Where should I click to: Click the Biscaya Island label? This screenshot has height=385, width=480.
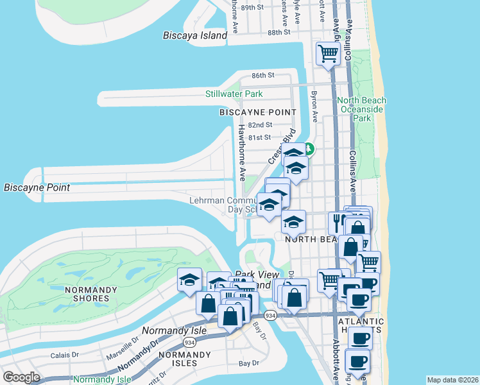[x=195, y=35]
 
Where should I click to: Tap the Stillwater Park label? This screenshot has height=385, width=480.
[x=234, y=94]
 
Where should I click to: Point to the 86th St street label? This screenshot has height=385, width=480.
[x=262, y=75]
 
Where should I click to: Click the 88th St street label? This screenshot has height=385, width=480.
[x=279, y=32]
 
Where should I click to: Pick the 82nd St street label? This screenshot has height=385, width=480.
[x=260, y=124]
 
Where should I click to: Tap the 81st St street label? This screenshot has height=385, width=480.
[x=259, y=137]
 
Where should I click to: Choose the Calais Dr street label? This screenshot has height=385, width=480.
[x=65, y=354]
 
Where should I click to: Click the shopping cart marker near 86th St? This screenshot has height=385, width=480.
[x=328, y=53]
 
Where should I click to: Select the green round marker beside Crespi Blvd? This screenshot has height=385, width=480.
[x=309, y=149]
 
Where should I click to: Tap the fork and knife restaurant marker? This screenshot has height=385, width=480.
[x=337, y=222]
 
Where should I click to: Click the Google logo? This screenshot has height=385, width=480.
[x=22, y=377]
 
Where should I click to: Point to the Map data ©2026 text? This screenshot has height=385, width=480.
[x=452, y=379]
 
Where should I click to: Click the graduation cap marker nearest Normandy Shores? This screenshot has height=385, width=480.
[x=190, y=280]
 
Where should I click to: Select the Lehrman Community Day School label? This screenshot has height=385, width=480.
[x=225, y=205]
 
